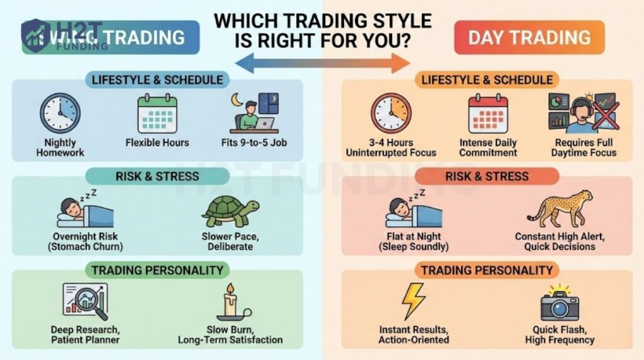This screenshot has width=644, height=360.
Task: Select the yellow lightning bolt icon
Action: click(x=413, y=301)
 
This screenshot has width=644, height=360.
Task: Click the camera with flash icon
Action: click(x=559, y=303)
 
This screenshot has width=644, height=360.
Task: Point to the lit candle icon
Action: click(x=230, y=303)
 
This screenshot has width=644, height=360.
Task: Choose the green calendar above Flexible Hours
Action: click(x=157, y=113)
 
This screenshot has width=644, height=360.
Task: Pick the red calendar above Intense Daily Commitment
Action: click(x=487, y=113)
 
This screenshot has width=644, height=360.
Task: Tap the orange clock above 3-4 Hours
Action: click(x=391, y=113)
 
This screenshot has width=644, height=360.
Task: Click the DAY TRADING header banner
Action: click(x=529, y=37)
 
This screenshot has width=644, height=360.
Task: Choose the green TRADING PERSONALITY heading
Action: click(x=157, y=271)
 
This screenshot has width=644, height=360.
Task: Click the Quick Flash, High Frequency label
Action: click(x=560, y=335)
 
